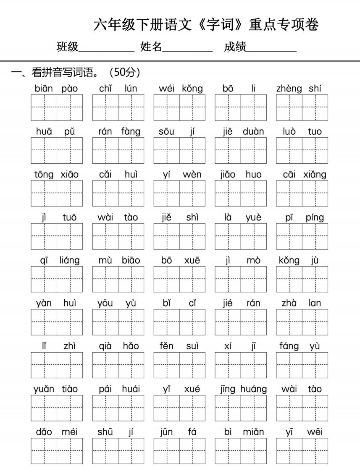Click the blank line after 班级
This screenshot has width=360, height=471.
click(106, 48)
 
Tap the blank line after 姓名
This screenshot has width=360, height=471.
click(187, 48)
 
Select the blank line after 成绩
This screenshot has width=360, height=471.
click(272, 48)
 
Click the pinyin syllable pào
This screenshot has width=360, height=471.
click(70, 89)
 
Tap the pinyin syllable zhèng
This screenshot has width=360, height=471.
click(289, 89)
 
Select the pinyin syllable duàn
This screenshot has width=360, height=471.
click(253, 132)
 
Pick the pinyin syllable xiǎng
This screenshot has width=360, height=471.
click(315, 175)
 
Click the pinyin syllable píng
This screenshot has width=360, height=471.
click(315, 218)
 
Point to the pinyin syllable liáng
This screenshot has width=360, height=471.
click(70, 261)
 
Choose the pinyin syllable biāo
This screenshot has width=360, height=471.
click(131, 261)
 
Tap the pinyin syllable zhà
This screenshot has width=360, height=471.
click(289, 304)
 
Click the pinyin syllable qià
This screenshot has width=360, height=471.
click(105, 346)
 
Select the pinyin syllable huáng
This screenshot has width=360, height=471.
click(254, 390)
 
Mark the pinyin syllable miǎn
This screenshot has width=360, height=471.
click(253, 432)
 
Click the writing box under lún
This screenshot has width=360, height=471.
click(131, 107)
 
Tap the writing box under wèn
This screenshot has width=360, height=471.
click(192, 194)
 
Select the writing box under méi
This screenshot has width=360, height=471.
click(70, 451)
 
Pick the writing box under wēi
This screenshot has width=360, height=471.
click(315, 451)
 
